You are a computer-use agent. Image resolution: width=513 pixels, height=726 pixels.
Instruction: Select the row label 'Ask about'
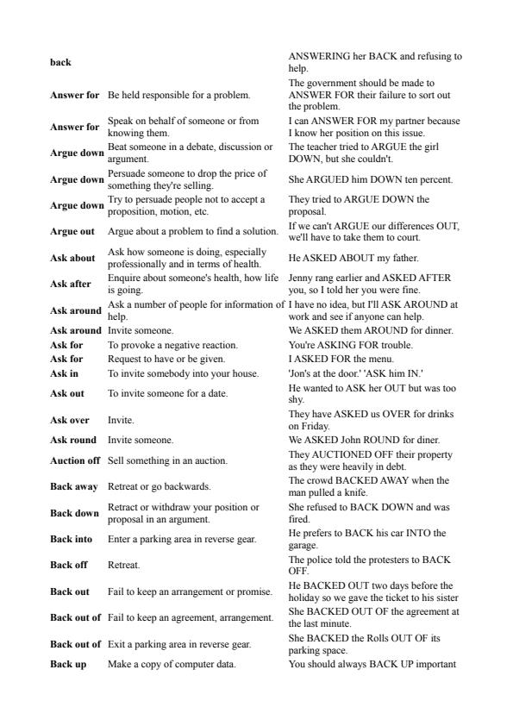tap(72, 257)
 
